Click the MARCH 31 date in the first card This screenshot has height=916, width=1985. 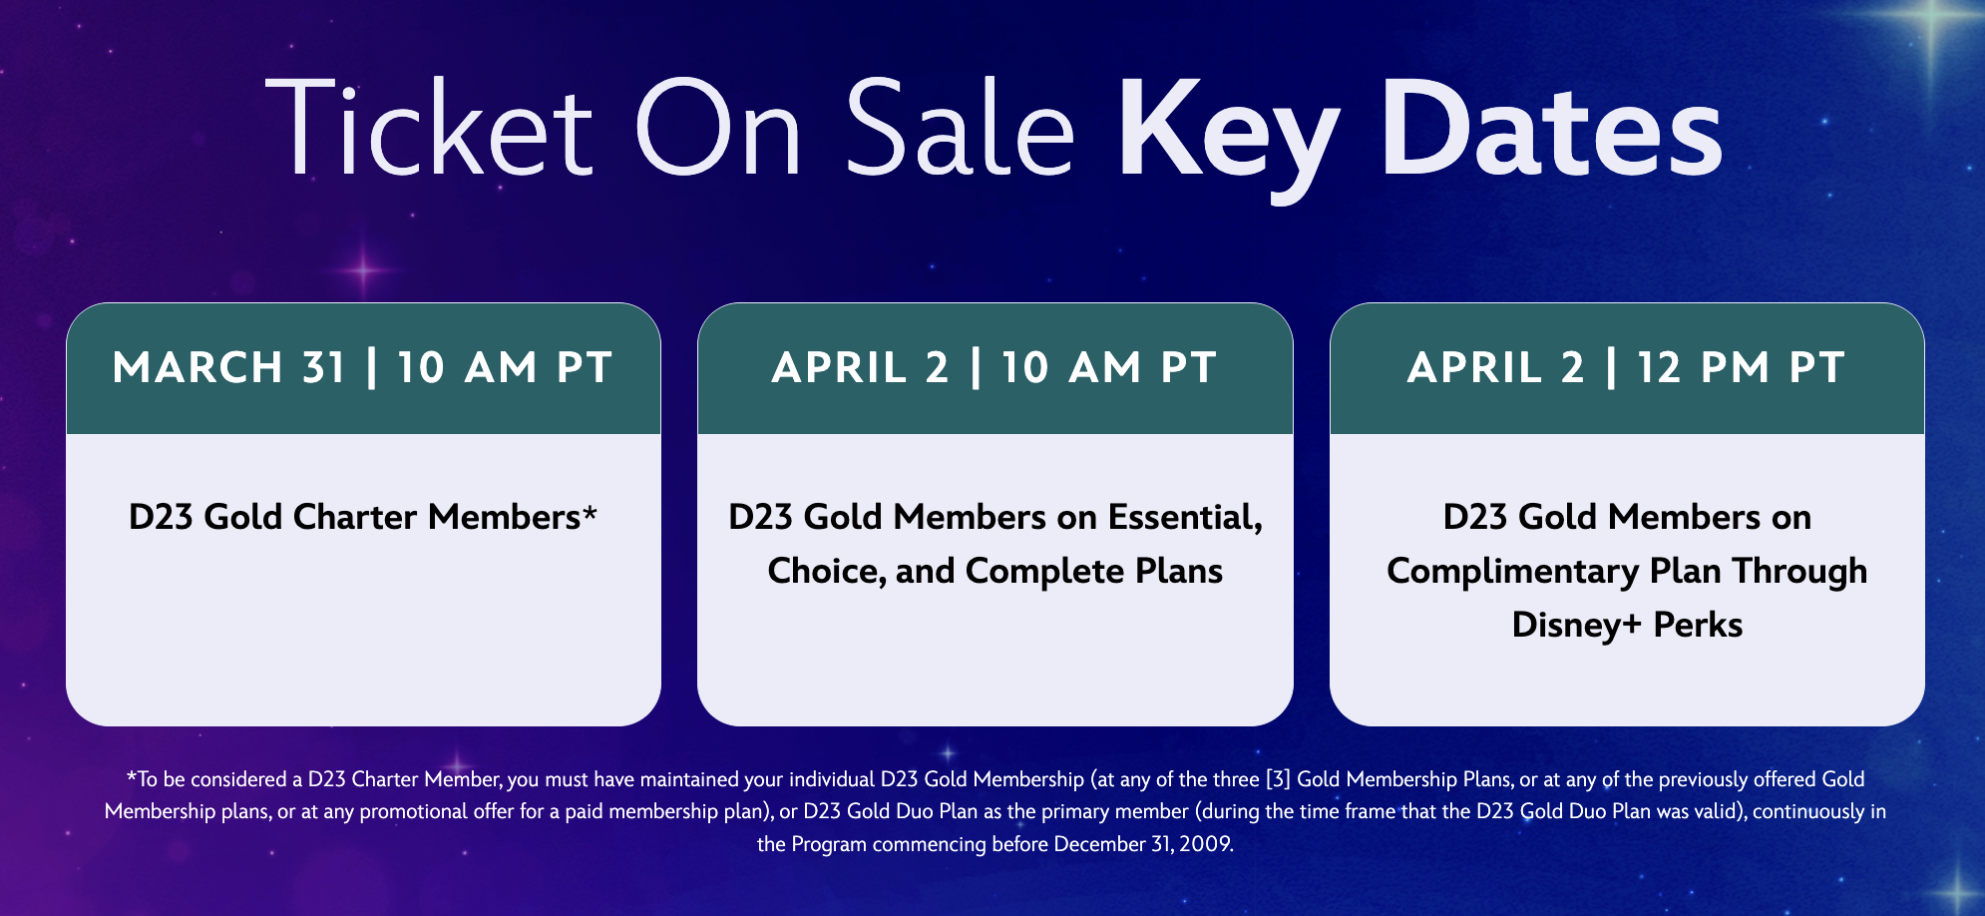[x=229, y=367]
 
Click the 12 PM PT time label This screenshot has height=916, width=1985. [x=1741, y=367]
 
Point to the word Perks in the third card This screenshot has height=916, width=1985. [x=1698, y=625]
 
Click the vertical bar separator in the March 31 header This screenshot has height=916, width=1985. [x=372, y=367]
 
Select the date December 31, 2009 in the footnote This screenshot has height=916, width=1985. [x=1143, y=844]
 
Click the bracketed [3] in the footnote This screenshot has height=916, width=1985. [x=1278, y=779]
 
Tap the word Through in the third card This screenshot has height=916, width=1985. [x=1799, y=572]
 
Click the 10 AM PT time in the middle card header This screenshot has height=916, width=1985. [x=1108, y=367]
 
